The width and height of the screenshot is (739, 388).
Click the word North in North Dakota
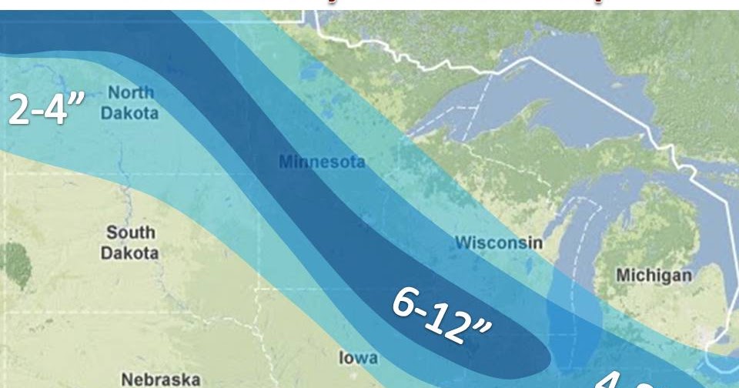130,92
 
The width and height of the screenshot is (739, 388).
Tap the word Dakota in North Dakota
130,113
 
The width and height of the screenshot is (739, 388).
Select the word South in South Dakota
130,232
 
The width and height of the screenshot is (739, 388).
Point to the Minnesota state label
321,163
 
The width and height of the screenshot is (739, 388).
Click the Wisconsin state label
498,242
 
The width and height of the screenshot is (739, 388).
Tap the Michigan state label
654,275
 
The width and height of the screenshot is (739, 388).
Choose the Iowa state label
359,358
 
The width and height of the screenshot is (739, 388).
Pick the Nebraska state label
161,379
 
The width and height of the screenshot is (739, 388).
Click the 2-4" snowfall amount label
45,109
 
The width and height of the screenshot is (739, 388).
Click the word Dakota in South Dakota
132,253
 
